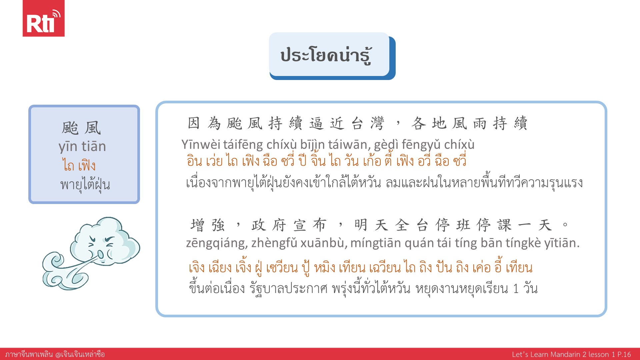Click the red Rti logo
coord(43,18)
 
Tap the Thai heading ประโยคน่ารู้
coord(326,55)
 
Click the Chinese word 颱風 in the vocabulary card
coord(81,128)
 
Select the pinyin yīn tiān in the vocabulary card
coord(82,147)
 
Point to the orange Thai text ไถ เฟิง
coord(79,165)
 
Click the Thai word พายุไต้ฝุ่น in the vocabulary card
coord(85,184)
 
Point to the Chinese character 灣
coord(377,123)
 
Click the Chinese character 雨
coord(480,123)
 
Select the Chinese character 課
coord(504,225)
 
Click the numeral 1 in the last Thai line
coord(516,289)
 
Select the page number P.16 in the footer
coord(624,354)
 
